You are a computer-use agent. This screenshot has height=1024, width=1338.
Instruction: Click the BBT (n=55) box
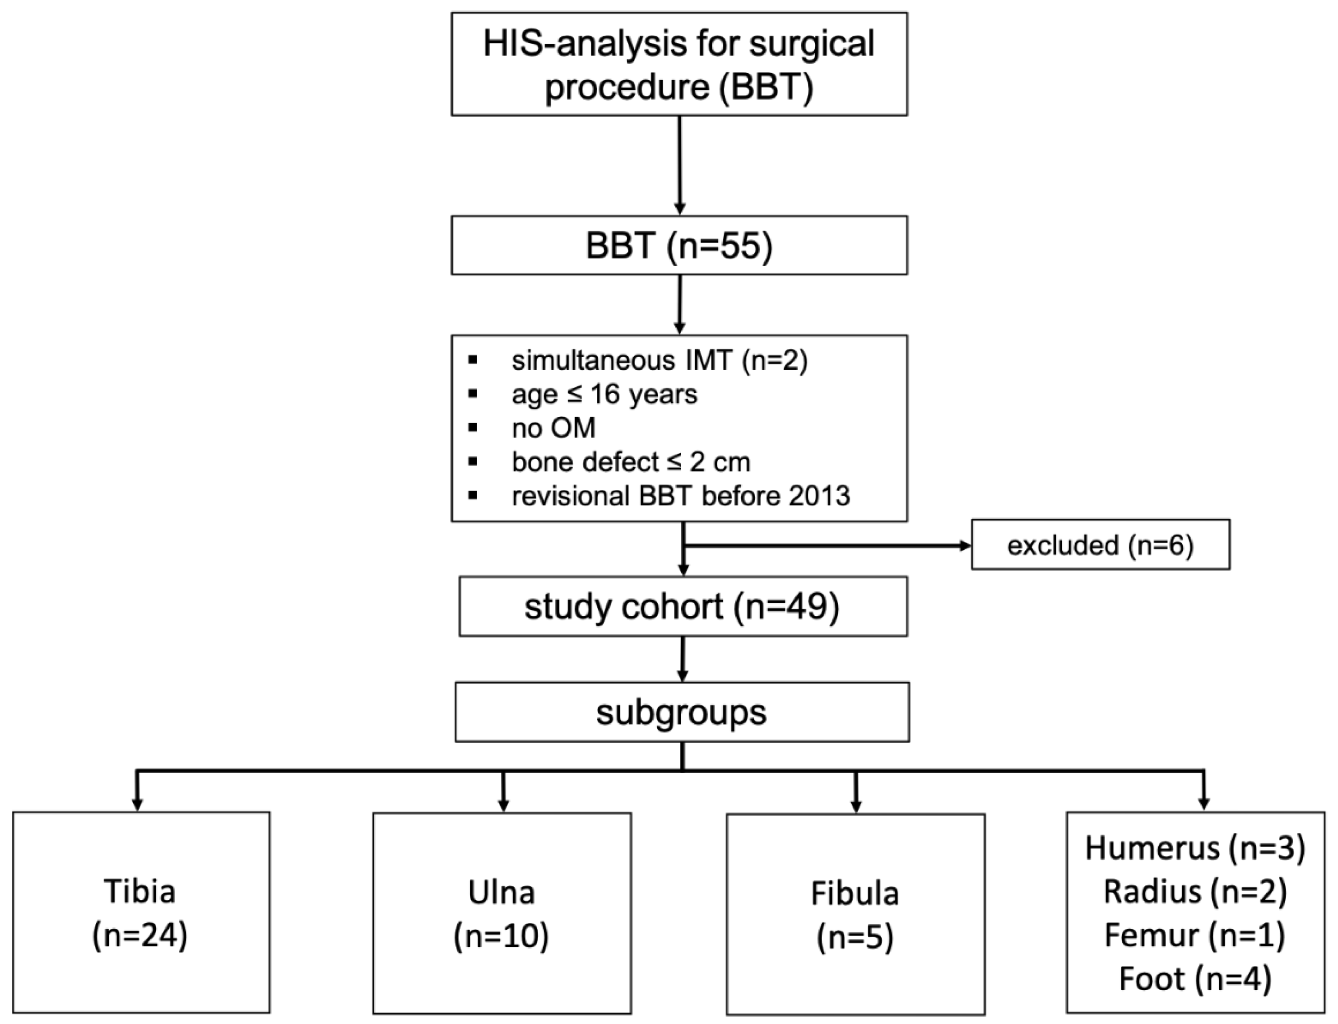coord(679,246)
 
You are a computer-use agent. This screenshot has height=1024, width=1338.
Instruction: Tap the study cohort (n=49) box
coord(683,606)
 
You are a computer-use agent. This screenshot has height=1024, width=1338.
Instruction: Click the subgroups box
coord(681,712)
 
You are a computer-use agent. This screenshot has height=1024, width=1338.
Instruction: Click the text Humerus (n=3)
coord(1195,848)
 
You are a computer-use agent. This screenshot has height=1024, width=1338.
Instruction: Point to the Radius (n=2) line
coord(1195,892)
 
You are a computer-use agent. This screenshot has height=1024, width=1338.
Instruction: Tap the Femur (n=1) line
coord(1195,936)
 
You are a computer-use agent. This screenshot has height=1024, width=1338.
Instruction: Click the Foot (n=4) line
coord(1195,979)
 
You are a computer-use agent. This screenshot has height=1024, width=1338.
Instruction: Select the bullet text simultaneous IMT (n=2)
coord(659,361)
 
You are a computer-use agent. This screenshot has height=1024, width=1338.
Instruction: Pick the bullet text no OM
coord(553,428)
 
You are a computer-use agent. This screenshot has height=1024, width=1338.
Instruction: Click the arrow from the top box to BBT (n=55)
coord(679,164)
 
